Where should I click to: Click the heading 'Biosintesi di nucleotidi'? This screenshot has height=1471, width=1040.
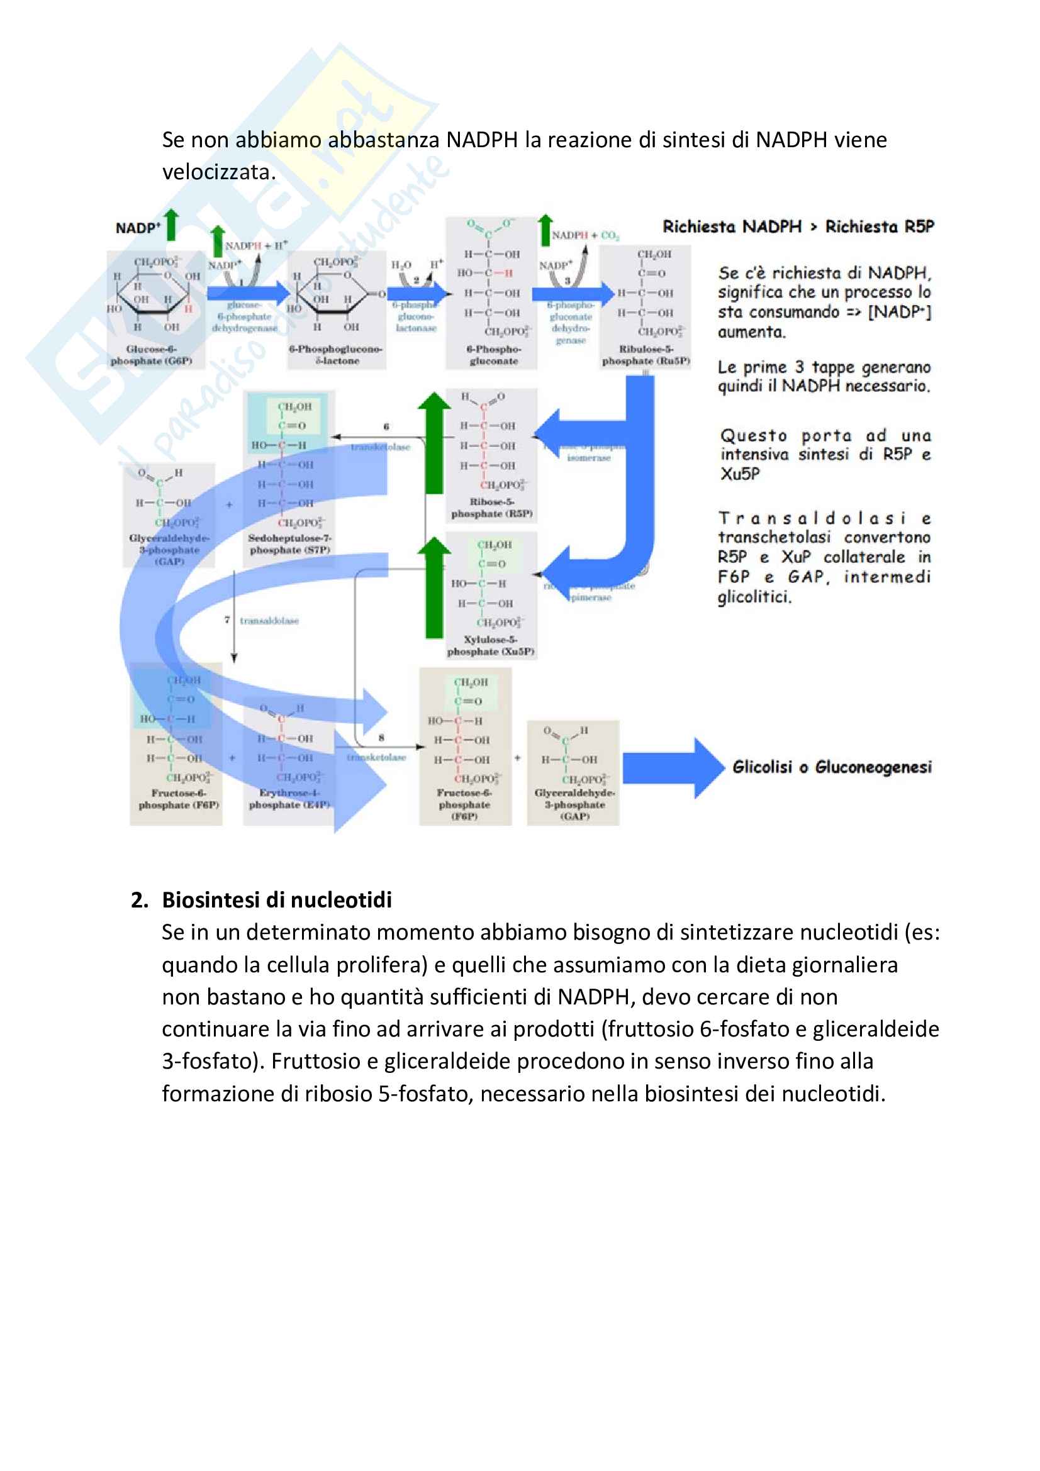click(x=276, y=899)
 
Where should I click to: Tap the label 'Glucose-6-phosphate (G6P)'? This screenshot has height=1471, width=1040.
click(x=151, y=355)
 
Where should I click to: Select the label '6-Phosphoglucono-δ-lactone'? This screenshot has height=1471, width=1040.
click(x=336, y=355)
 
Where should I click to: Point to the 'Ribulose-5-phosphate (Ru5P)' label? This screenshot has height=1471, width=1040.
click(x=646, y=355)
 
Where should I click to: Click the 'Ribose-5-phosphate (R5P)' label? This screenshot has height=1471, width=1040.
click(x=491, y=508)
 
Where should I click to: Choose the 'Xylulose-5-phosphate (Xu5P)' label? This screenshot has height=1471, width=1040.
click(x=491, y=645)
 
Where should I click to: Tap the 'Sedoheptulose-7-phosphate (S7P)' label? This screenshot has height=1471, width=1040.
click(x=290, y=544)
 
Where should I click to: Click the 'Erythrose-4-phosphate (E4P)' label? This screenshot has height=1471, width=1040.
click(x=289, y=798)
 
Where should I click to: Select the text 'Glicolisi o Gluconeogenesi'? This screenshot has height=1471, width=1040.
click(x=832, y=767)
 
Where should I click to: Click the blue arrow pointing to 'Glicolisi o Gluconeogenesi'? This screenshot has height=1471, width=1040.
click(x=673, y=767)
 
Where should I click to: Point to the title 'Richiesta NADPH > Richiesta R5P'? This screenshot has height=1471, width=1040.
click(x=798, y=226)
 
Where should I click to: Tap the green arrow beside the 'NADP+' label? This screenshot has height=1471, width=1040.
click(x=171, y=225)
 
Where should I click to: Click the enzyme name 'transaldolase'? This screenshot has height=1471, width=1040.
click(x=269, y=620)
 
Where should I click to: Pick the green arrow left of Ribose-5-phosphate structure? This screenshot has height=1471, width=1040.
click(x=435, y=442)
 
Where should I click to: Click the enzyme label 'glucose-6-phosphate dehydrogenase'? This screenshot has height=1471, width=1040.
click(x=245, y=316)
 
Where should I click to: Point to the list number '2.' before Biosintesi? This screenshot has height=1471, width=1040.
click(x=140, y=899)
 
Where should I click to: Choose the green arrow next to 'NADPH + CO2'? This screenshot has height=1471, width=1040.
click(x=545, y=231)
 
